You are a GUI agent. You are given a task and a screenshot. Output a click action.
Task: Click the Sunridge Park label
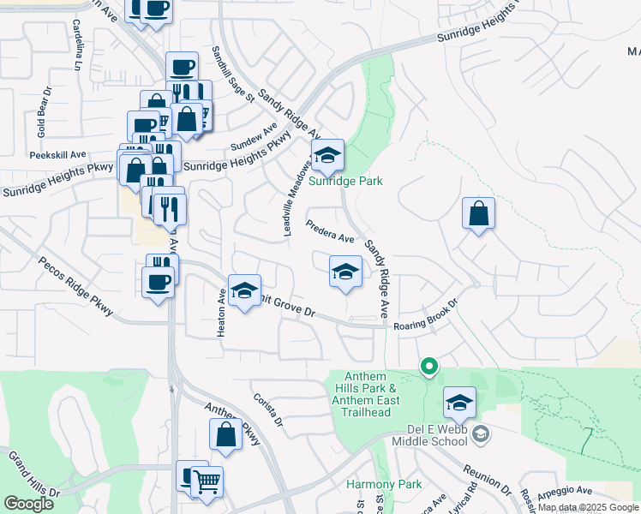coord(345,181)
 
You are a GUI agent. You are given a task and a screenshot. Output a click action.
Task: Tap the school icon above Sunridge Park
coord(326,156)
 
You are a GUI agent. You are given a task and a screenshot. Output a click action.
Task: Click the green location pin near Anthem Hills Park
coord(429,367)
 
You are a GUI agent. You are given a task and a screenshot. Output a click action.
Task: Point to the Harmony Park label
coord(384,484)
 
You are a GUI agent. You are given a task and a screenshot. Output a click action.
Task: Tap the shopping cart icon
coord(207,482)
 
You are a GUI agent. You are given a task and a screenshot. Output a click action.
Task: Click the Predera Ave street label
coord(331,231)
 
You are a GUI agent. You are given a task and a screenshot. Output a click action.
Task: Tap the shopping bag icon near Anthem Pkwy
coord(225,435)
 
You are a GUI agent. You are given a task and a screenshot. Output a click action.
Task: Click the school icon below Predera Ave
coord(345,272)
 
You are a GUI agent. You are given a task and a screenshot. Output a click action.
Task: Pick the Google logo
coord(28,504)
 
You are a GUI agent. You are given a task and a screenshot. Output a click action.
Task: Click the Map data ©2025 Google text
coord(588,508)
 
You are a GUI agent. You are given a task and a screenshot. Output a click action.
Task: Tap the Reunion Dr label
coord(487,481)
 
